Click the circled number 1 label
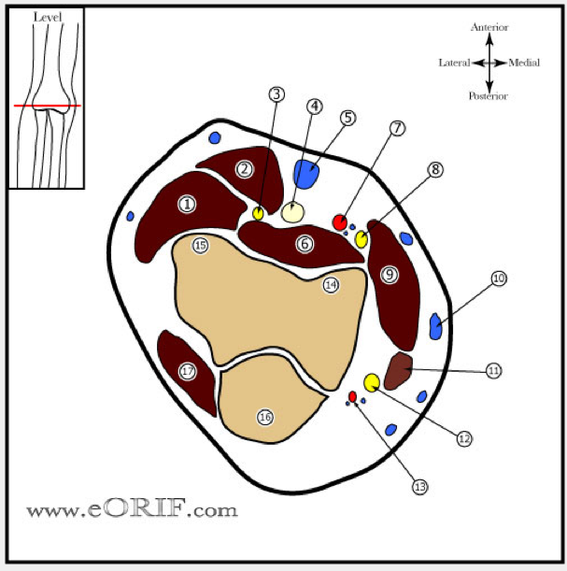(x=188, y=204)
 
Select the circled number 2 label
(x=245, y=169)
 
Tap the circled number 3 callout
(x=276, y=94)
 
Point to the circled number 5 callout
(x=347, y=118)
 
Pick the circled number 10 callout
(x=499, y=278)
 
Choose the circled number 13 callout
(x=419, y=486)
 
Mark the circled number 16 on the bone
(x=265, y=417)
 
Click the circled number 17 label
(x=188, y=371)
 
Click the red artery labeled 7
(x=340, y=222)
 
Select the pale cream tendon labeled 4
(x=292, y=212)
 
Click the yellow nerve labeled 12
(x=372, y=381)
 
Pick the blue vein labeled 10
(x=435, y=326)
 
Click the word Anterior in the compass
(x=489, y=28)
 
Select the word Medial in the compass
(x=523, y=63)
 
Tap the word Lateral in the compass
(x=454, y=63)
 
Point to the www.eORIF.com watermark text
(x=132, y=510)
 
